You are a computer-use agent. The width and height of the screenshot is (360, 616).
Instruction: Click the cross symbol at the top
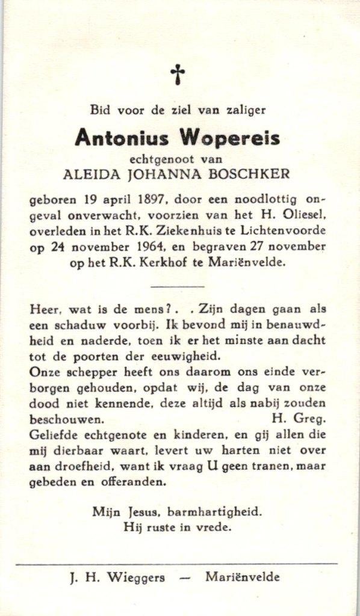pos(178,75)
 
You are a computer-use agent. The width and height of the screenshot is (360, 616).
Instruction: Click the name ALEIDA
pos(86,174)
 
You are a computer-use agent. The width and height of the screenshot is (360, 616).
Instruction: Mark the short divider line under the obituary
pos(177,287)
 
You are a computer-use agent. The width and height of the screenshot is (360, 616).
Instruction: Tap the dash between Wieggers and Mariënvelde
pos(185,577)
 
